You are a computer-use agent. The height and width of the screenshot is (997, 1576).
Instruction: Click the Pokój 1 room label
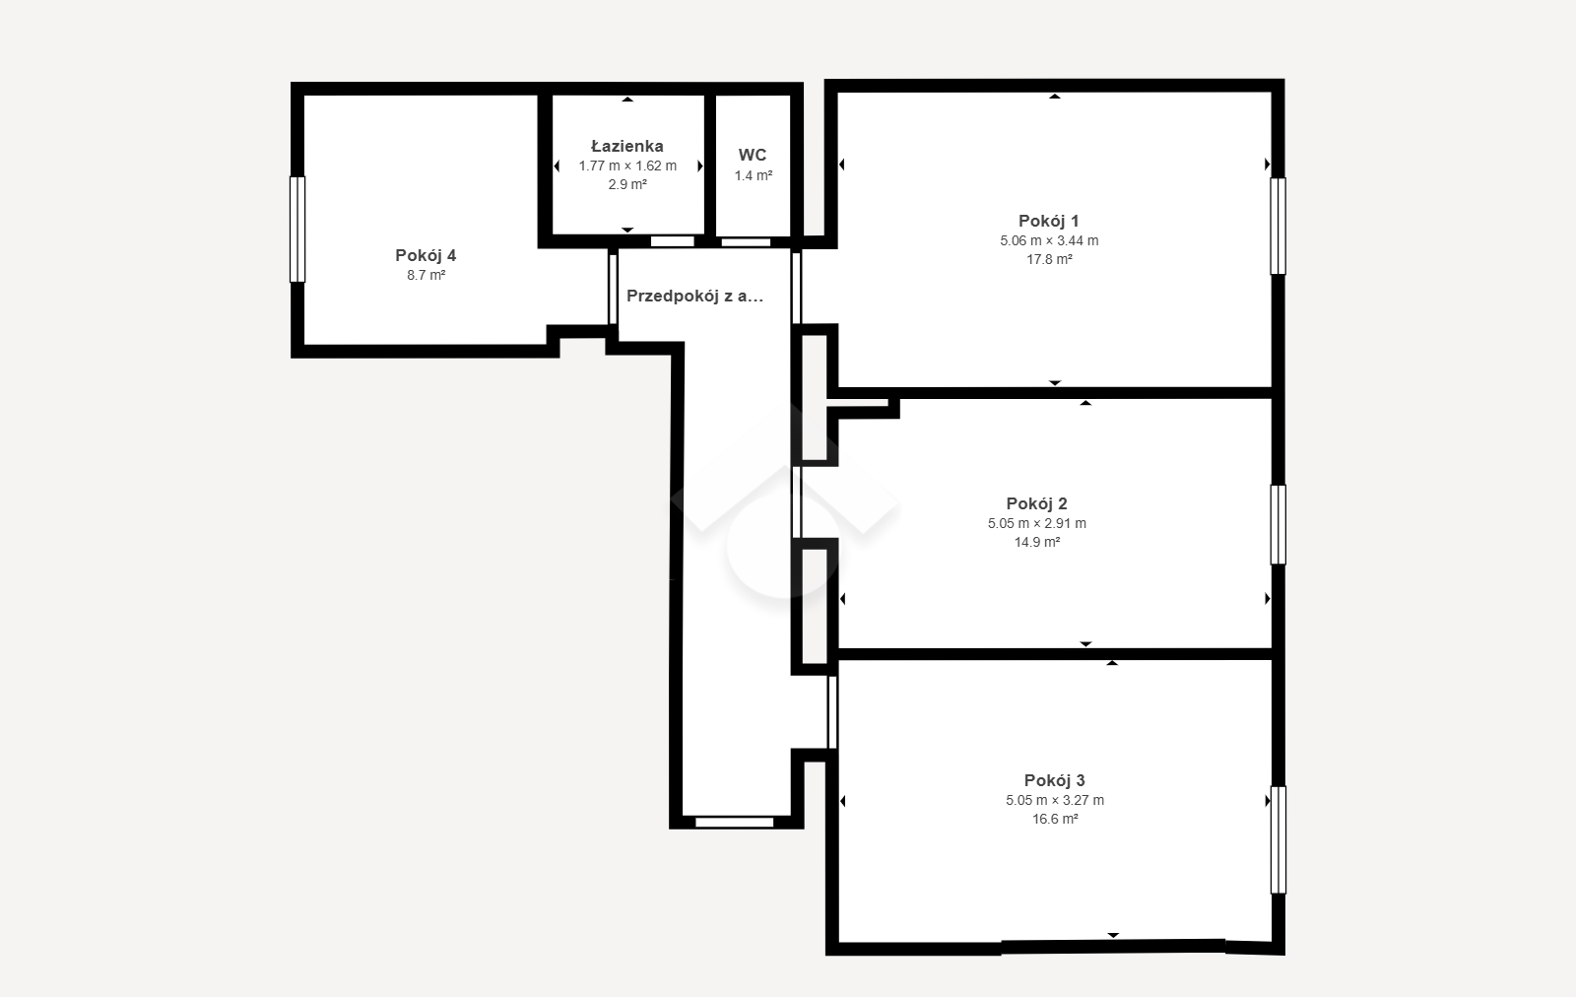coord(1048,221)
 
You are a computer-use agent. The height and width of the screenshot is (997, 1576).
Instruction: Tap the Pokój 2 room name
coord(1036,503)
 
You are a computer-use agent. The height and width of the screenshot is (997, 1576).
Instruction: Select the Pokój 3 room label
coord(1054,780)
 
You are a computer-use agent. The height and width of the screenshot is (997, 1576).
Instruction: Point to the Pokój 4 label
coord(426,255)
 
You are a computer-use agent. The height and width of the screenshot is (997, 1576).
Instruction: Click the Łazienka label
coord(626,147)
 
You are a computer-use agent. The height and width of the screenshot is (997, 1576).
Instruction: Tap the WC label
coord(753,155)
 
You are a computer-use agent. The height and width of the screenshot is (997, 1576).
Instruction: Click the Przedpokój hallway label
coord(694,297)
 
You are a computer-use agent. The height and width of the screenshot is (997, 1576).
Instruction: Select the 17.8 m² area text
coord(1049,260)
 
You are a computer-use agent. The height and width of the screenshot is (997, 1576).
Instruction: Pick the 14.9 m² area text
coord(1037,543)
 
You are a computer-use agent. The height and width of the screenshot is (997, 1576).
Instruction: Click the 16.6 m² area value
coord(1055,819)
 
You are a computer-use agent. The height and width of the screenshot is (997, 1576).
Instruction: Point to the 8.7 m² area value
coord(426,275)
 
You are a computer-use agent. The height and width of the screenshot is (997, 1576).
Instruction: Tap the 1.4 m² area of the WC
coord(754,176)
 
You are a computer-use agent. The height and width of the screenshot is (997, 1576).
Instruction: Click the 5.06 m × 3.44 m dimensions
coord(1049,240)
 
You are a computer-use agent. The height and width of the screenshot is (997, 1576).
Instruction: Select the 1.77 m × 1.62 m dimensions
coord(627,166)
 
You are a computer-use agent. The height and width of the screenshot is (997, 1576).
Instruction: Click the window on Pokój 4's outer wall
coord(297,230)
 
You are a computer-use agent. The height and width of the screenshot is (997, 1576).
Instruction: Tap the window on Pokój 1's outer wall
coord(1278,226)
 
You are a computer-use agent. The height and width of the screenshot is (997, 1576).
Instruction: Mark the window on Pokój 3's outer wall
coord(1278,840)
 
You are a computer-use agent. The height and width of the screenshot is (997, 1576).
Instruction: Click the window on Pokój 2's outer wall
coord(1278,525)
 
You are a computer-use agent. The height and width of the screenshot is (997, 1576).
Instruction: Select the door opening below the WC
coord(746,242)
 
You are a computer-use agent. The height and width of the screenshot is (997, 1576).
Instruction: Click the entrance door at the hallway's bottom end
coord(735,822)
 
